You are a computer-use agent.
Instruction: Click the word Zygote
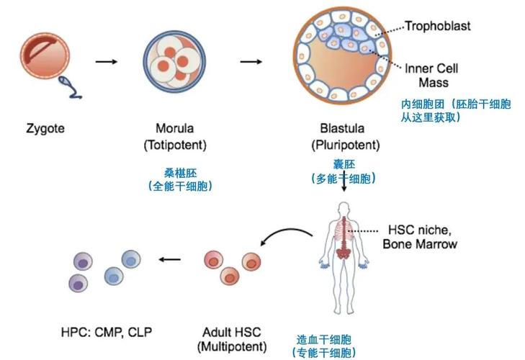tap(45, 129)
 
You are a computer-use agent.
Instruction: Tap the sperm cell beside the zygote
tap(71, 87)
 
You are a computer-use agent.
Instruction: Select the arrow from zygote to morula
tap(107, 62)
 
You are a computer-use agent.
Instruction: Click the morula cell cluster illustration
tap(174, 62)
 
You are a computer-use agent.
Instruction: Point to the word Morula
tap(175, 128)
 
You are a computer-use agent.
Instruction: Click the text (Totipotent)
tap(175, 145)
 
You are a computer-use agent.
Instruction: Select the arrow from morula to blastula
tap(251, 62)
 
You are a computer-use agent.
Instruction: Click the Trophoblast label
tap(438, 26)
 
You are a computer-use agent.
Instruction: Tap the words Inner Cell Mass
tap(431, 76)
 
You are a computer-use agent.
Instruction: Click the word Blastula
tap(342, 128)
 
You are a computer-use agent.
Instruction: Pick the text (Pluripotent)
tap(346, 145)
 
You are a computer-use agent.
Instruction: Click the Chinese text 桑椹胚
tap(181, 173)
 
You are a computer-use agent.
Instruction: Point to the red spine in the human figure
tap(342, 238)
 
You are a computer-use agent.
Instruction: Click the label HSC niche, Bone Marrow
tap(420, 237)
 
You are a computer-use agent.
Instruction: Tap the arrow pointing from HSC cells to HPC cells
tap(170, 259)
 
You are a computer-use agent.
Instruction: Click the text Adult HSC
tap(232, 332)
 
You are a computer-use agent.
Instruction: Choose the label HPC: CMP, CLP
tap(107, 332)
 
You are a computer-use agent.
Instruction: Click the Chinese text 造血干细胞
tap(324, 340)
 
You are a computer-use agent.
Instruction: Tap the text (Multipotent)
tap(232, 346)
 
